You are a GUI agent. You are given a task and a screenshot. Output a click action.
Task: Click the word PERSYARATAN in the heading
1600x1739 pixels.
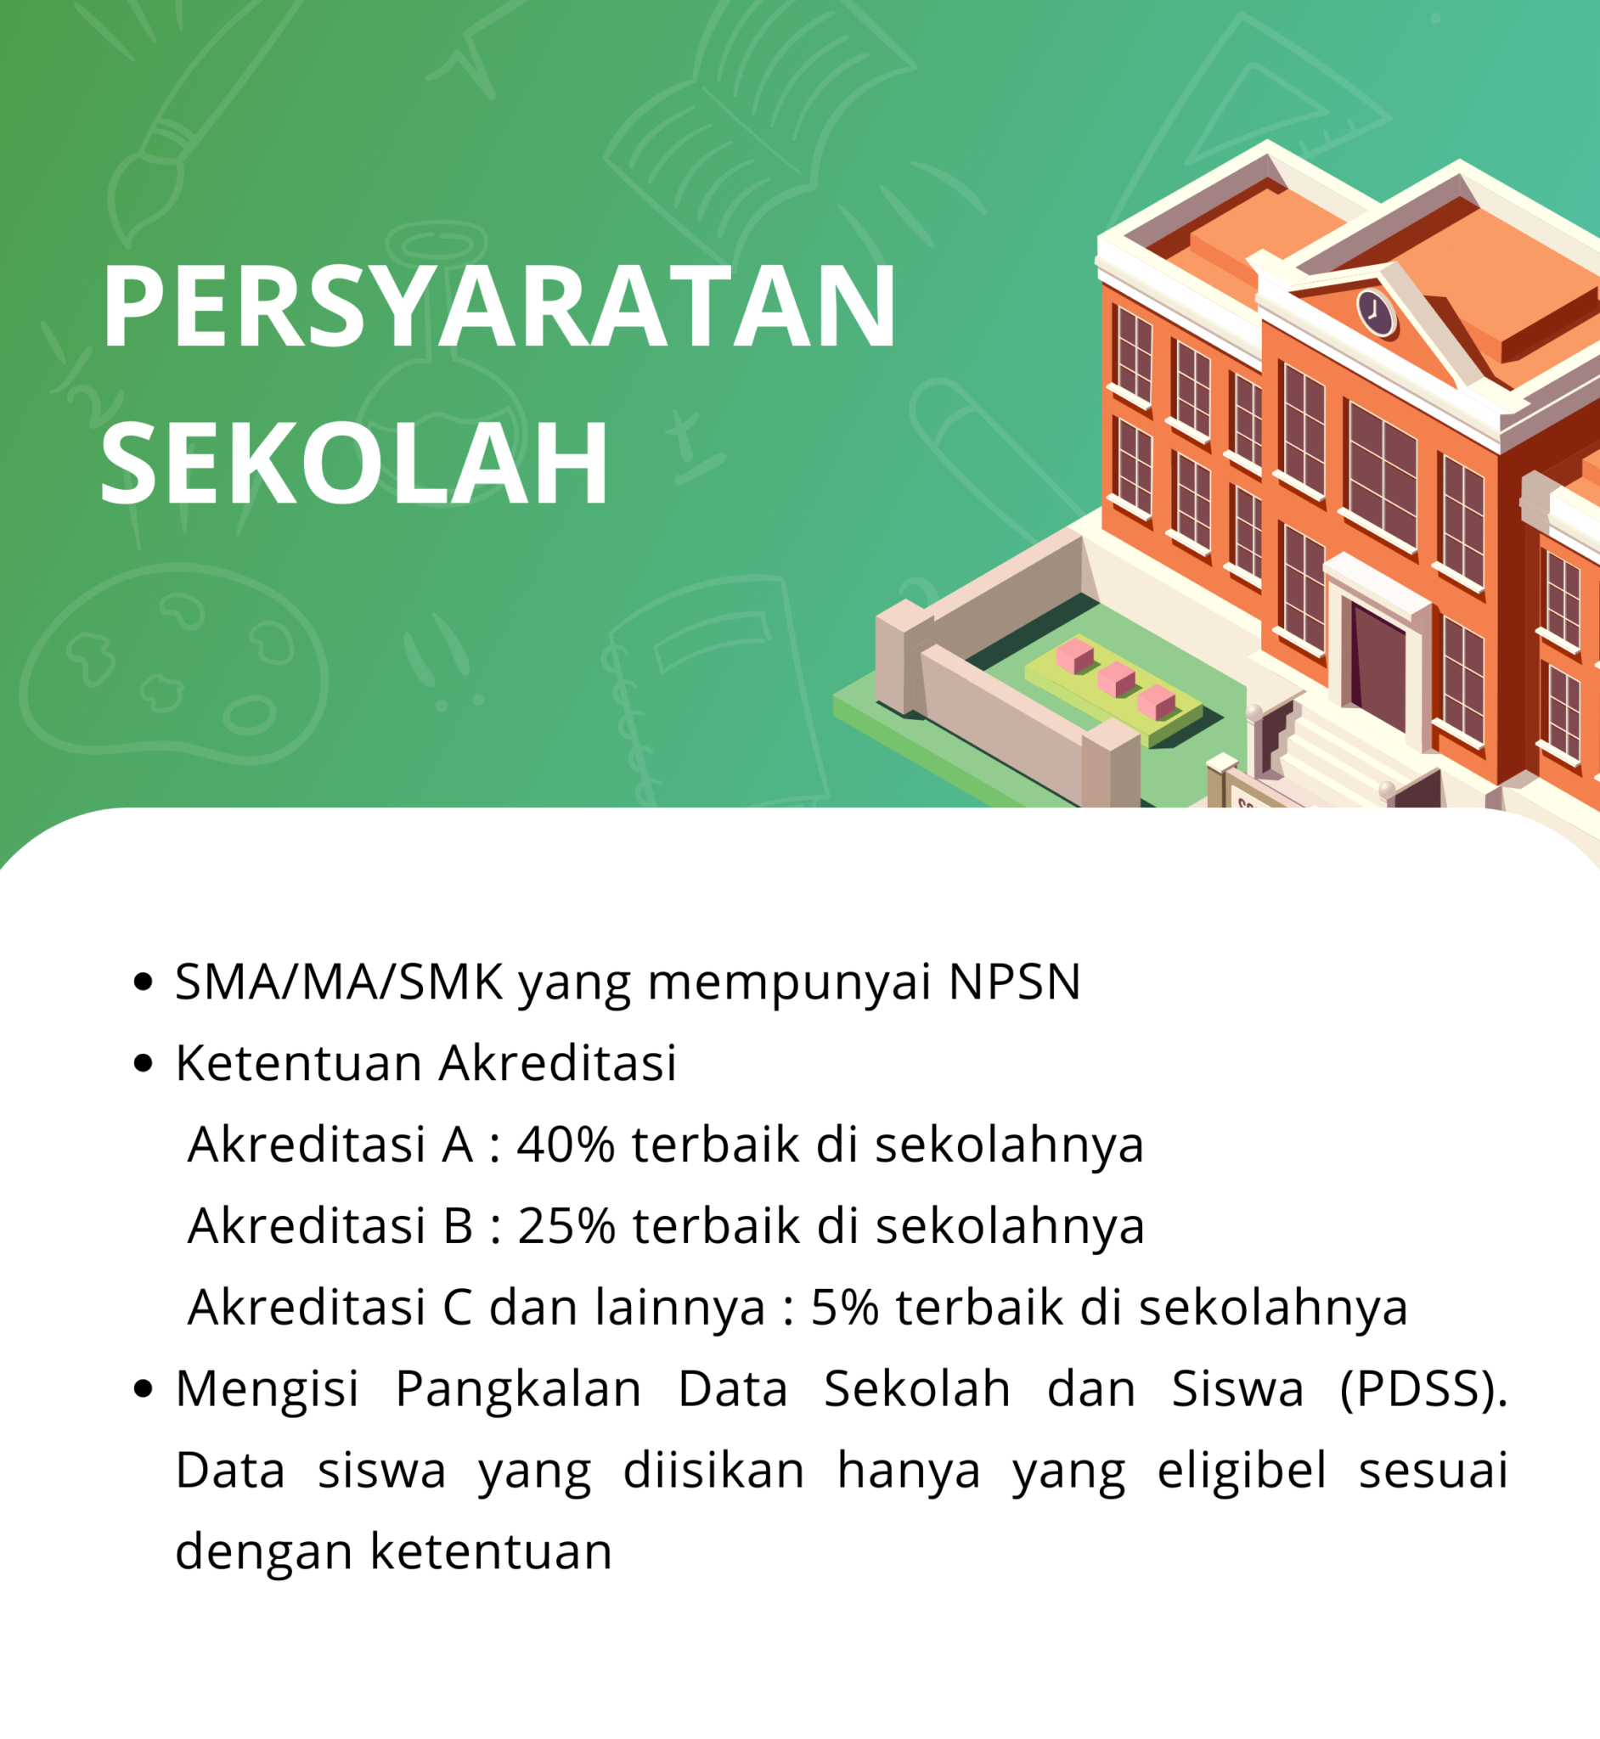499,307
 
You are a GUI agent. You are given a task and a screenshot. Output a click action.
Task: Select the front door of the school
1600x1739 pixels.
1378,667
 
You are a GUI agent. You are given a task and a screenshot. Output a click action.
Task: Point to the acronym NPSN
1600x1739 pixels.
1015,982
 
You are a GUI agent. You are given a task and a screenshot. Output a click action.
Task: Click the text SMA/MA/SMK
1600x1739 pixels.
339,982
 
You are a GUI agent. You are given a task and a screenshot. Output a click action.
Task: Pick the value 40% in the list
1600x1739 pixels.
566,1145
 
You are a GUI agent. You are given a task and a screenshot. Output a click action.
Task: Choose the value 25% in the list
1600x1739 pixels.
566,1227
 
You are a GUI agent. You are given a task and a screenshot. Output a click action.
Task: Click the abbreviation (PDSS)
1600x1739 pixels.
1423,1389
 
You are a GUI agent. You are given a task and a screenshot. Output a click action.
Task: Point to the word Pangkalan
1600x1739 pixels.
518,1389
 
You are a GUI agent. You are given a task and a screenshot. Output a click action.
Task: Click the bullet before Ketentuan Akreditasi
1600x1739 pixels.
144,1064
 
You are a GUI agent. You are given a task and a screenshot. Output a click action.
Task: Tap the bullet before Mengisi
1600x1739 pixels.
144,1389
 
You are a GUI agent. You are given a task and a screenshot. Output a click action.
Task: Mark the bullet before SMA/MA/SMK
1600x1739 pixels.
144,982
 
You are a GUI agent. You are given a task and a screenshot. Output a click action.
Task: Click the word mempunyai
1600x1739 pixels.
790,984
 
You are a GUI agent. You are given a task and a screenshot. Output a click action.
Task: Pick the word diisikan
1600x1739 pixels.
714,1471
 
